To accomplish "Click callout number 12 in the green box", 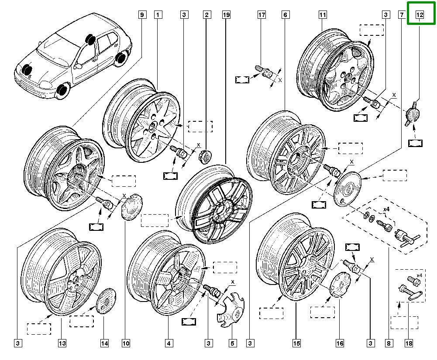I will click(420, 15).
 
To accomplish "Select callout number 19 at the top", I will click(226, 15).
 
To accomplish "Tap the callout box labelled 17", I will click(261, 15).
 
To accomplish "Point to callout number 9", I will click(141, 15).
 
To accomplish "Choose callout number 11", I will click(323, 15).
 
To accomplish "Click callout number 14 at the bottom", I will click(104, 343).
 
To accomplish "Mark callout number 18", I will click(409, 343).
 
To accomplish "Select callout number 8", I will click(388, 343).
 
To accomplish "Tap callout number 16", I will click(339, 343).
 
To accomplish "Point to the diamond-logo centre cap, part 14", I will click(104, 301).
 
